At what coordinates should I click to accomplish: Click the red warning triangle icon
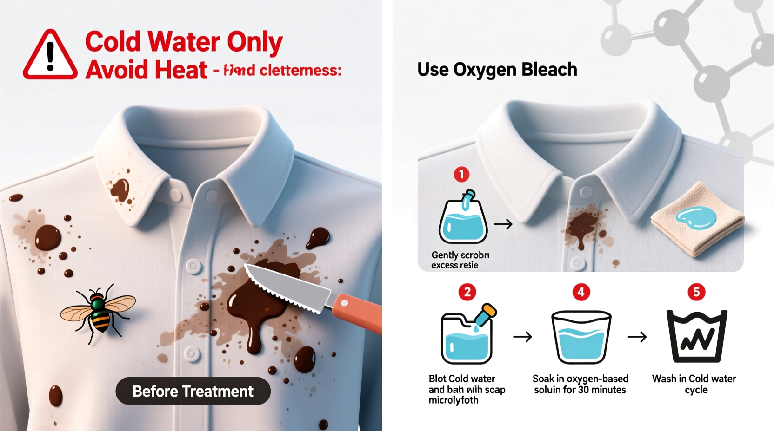pyautogui.click(x=50, y=56)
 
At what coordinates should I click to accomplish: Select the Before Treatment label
pyautogui.click(x=193, y=391)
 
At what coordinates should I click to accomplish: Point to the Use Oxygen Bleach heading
pyautogui.click(x=497, y=70)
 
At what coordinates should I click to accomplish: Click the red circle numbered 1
pyautogui.click(x=461, y=175)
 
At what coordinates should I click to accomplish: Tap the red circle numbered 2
pyautogui.click(x=467, y=292)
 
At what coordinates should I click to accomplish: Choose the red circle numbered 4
pyautogui.click(x=581, y=292)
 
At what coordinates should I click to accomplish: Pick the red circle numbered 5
pyautogui.click(x=696, y=292)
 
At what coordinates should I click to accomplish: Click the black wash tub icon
pyautogui.click(x=696, y=337)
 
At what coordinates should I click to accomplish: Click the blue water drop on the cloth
pyautogui.click(x=696, y=217)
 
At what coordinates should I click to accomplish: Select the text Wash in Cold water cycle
pyautogui.click(x=694, y=384)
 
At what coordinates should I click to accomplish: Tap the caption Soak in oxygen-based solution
pyautogui.click(x=580, y=384)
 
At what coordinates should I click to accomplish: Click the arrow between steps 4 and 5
pyautogui.click(x=637, y=337)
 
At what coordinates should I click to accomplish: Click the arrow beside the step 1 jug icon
pyautogui.click(x=503, y=224)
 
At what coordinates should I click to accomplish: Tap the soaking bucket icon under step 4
pyautogui.click(x=581, y=337)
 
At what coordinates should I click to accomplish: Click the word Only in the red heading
pyautogui.click(x=254, y=42)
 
